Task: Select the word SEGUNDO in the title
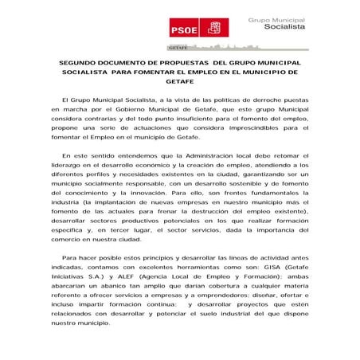(x=80, y=61)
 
